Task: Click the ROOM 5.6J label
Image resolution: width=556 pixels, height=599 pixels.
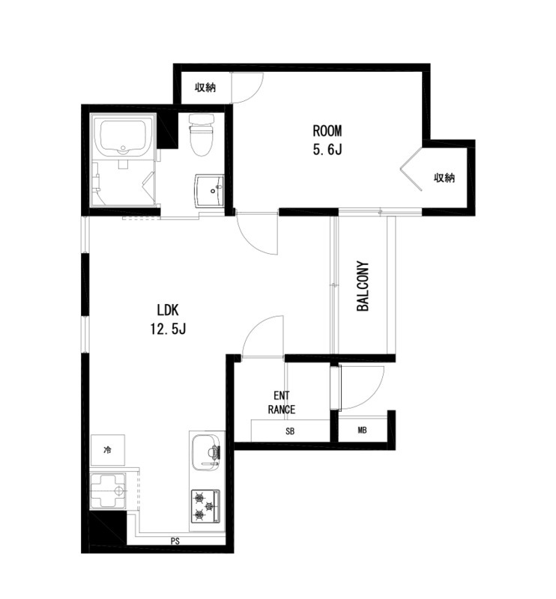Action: (327, 140)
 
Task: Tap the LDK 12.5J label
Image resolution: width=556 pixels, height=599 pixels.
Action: (168, 319)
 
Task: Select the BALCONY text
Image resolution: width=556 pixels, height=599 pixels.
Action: (363, 286)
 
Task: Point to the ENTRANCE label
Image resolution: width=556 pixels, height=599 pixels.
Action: (282, 402)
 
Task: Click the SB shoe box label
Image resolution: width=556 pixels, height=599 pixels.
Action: (290, 431)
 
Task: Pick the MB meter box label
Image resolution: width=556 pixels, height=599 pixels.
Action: (362, 430)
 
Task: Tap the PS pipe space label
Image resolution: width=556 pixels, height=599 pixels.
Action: (175, 541)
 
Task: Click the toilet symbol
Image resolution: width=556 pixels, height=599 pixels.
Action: (202, 136)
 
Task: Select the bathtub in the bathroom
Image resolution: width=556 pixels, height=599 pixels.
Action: (123, 137)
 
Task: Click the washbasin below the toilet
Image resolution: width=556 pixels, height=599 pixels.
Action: (209, 191)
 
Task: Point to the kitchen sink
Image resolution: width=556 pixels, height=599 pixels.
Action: (207, 453)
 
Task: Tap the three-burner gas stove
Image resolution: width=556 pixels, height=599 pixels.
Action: (206, 507)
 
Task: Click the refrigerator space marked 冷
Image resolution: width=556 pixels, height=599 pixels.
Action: (107, 450)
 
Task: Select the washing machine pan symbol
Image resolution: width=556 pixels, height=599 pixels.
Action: (108, 491)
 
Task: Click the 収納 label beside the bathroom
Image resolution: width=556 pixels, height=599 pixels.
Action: (205, 88)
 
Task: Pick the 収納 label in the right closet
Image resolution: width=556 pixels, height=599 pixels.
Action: (444, 177)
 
